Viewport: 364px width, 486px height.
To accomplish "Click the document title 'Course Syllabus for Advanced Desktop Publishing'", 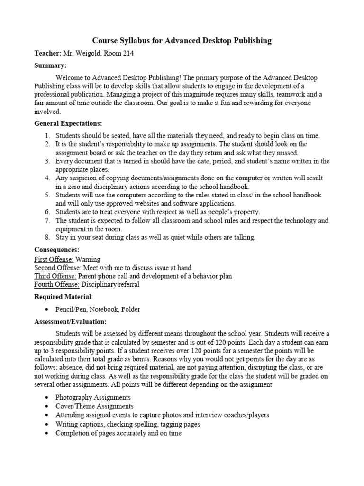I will (182, 41).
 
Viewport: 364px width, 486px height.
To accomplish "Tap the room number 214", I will (127, 54).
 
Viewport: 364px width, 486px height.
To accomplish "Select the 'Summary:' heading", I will (50, 65).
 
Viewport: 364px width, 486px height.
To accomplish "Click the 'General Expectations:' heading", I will (68, 123).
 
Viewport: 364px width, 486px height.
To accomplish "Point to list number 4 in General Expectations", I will (47, 178).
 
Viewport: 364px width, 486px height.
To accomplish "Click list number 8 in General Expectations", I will (47, 238).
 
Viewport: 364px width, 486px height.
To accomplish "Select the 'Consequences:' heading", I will (57, 250).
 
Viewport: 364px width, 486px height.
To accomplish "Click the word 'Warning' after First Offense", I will (88, 260).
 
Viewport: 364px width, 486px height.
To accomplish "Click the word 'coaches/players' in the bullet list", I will (246, 415).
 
